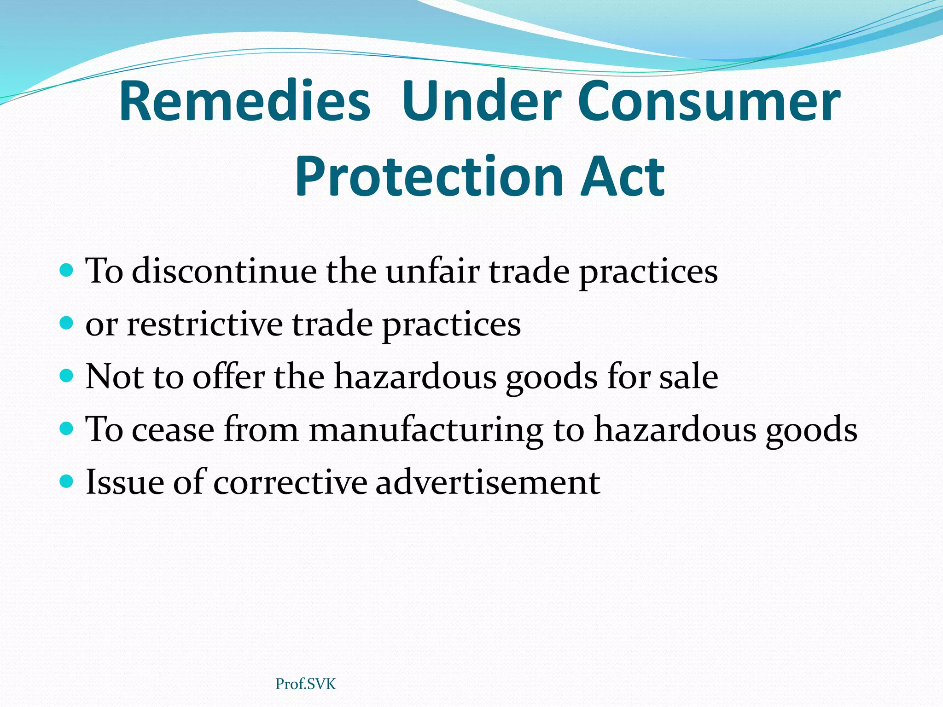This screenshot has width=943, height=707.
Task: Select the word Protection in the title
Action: coord(429,177)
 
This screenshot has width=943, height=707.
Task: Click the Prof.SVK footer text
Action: coord(306,684)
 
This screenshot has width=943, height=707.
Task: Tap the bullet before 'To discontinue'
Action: coord(67,270)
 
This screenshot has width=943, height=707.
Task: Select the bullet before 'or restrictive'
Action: coord(67,323)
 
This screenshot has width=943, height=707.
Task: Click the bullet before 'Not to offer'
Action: coord(67,376)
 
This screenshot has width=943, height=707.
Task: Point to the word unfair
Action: coord(432,271)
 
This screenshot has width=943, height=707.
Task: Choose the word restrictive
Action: coord(204,324)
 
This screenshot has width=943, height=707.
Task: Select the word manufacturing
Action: coord(425,431)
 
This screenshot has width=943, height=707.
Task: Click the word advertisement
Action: coord(488,482)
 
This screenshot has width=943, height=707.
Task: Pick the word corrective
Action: coord(290,482)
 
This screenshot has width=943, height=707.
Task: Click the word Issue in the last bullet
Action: coord(125,482)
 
